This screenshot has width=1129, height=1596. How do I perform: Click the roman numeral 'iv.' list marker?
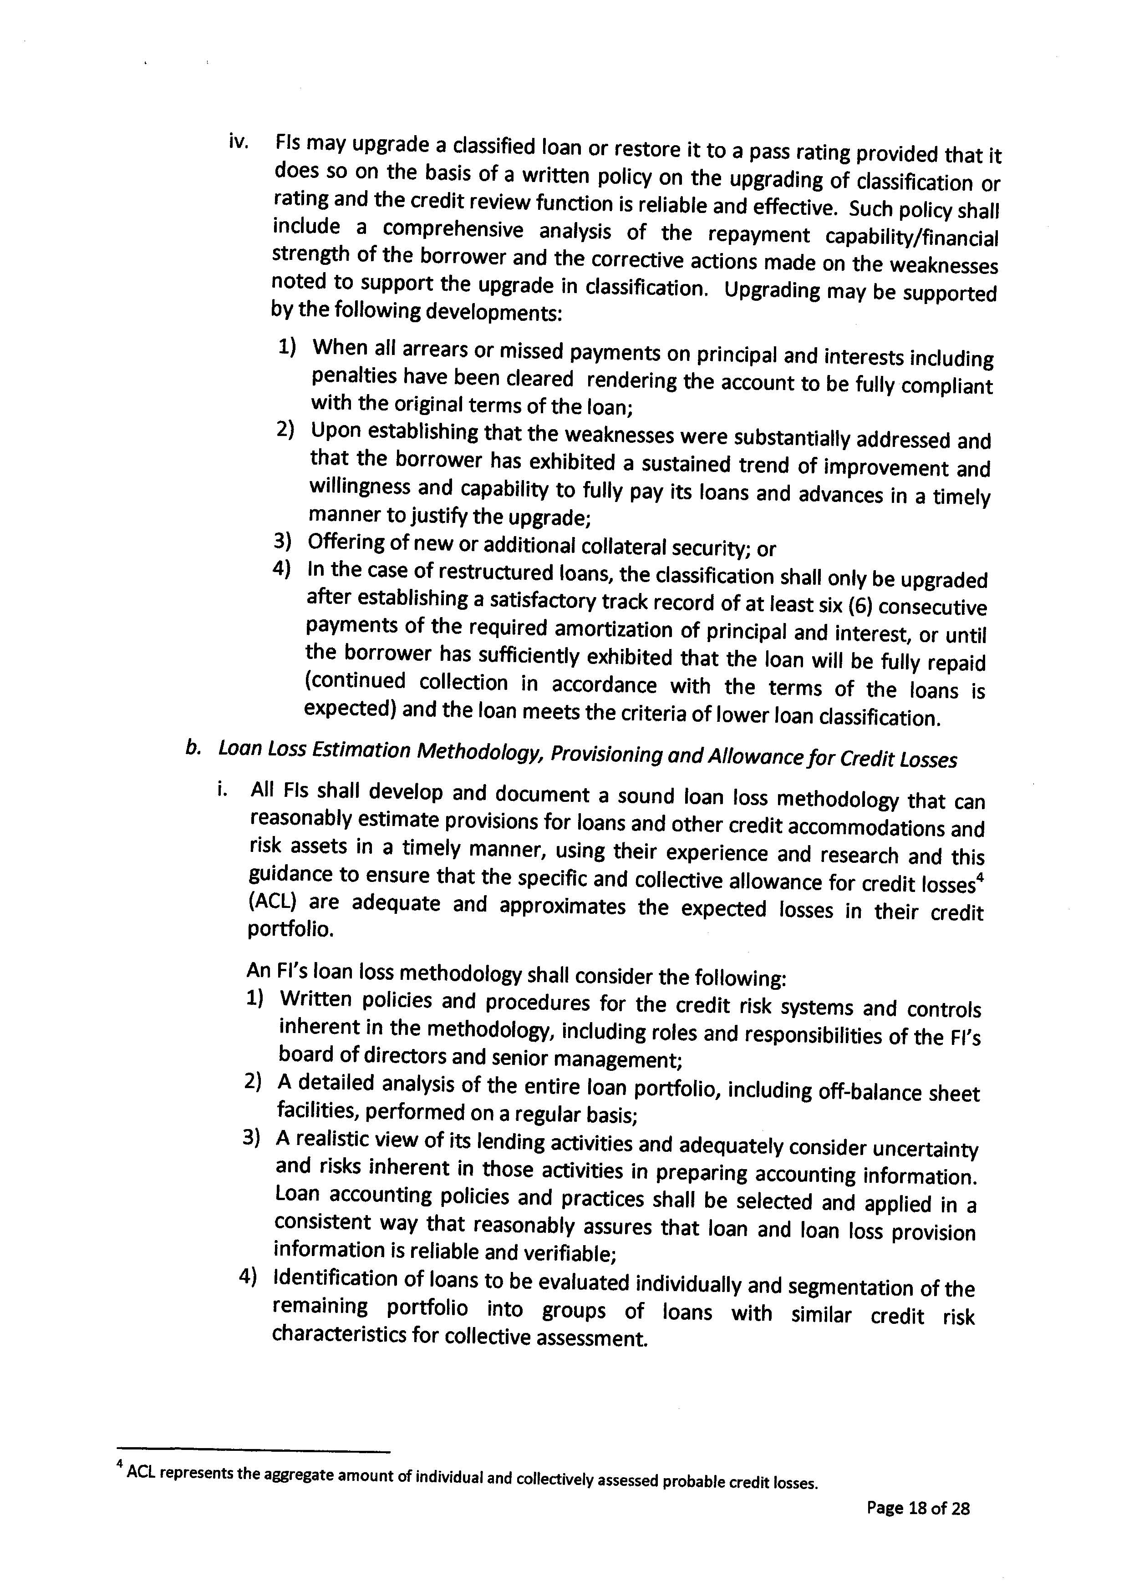[x=239, y=142]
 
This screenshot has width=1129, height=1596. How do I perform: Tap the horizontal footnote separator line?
[x=253, y=1451]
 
